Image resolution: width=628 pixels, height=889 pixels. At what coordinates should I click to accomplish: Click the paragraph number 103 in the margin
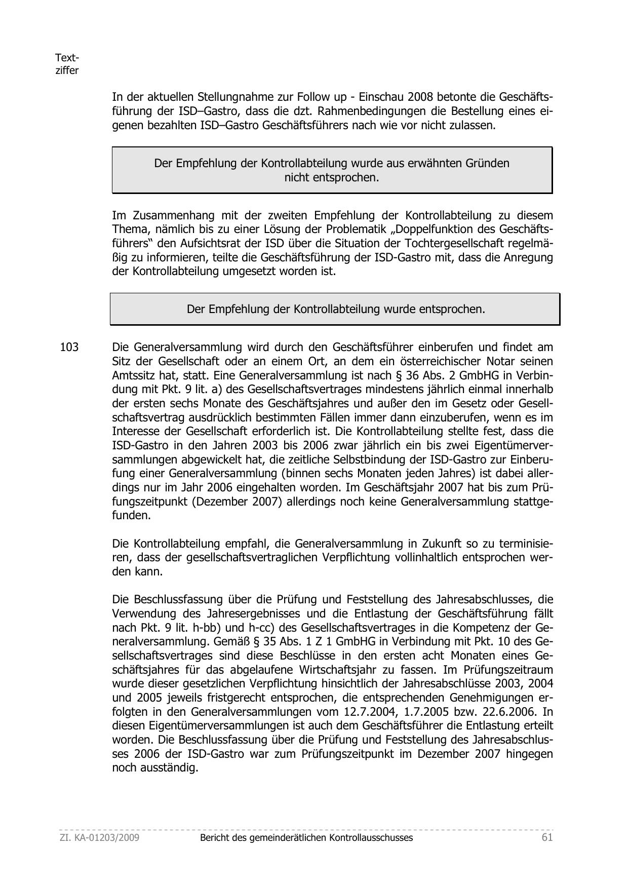69,347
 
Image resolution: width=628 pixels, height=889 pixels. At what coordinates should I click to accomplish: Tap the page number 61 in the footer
547,837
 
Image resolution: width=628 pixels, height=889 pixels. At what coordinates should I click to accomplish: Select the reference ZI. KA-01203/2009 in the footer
100,838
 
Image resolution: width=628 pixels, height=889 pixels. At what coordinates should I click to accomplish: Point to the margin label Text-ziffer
67,64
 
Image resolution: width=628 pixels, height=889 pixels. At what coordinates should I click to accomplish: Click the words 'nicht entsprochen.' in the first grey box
332,178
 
